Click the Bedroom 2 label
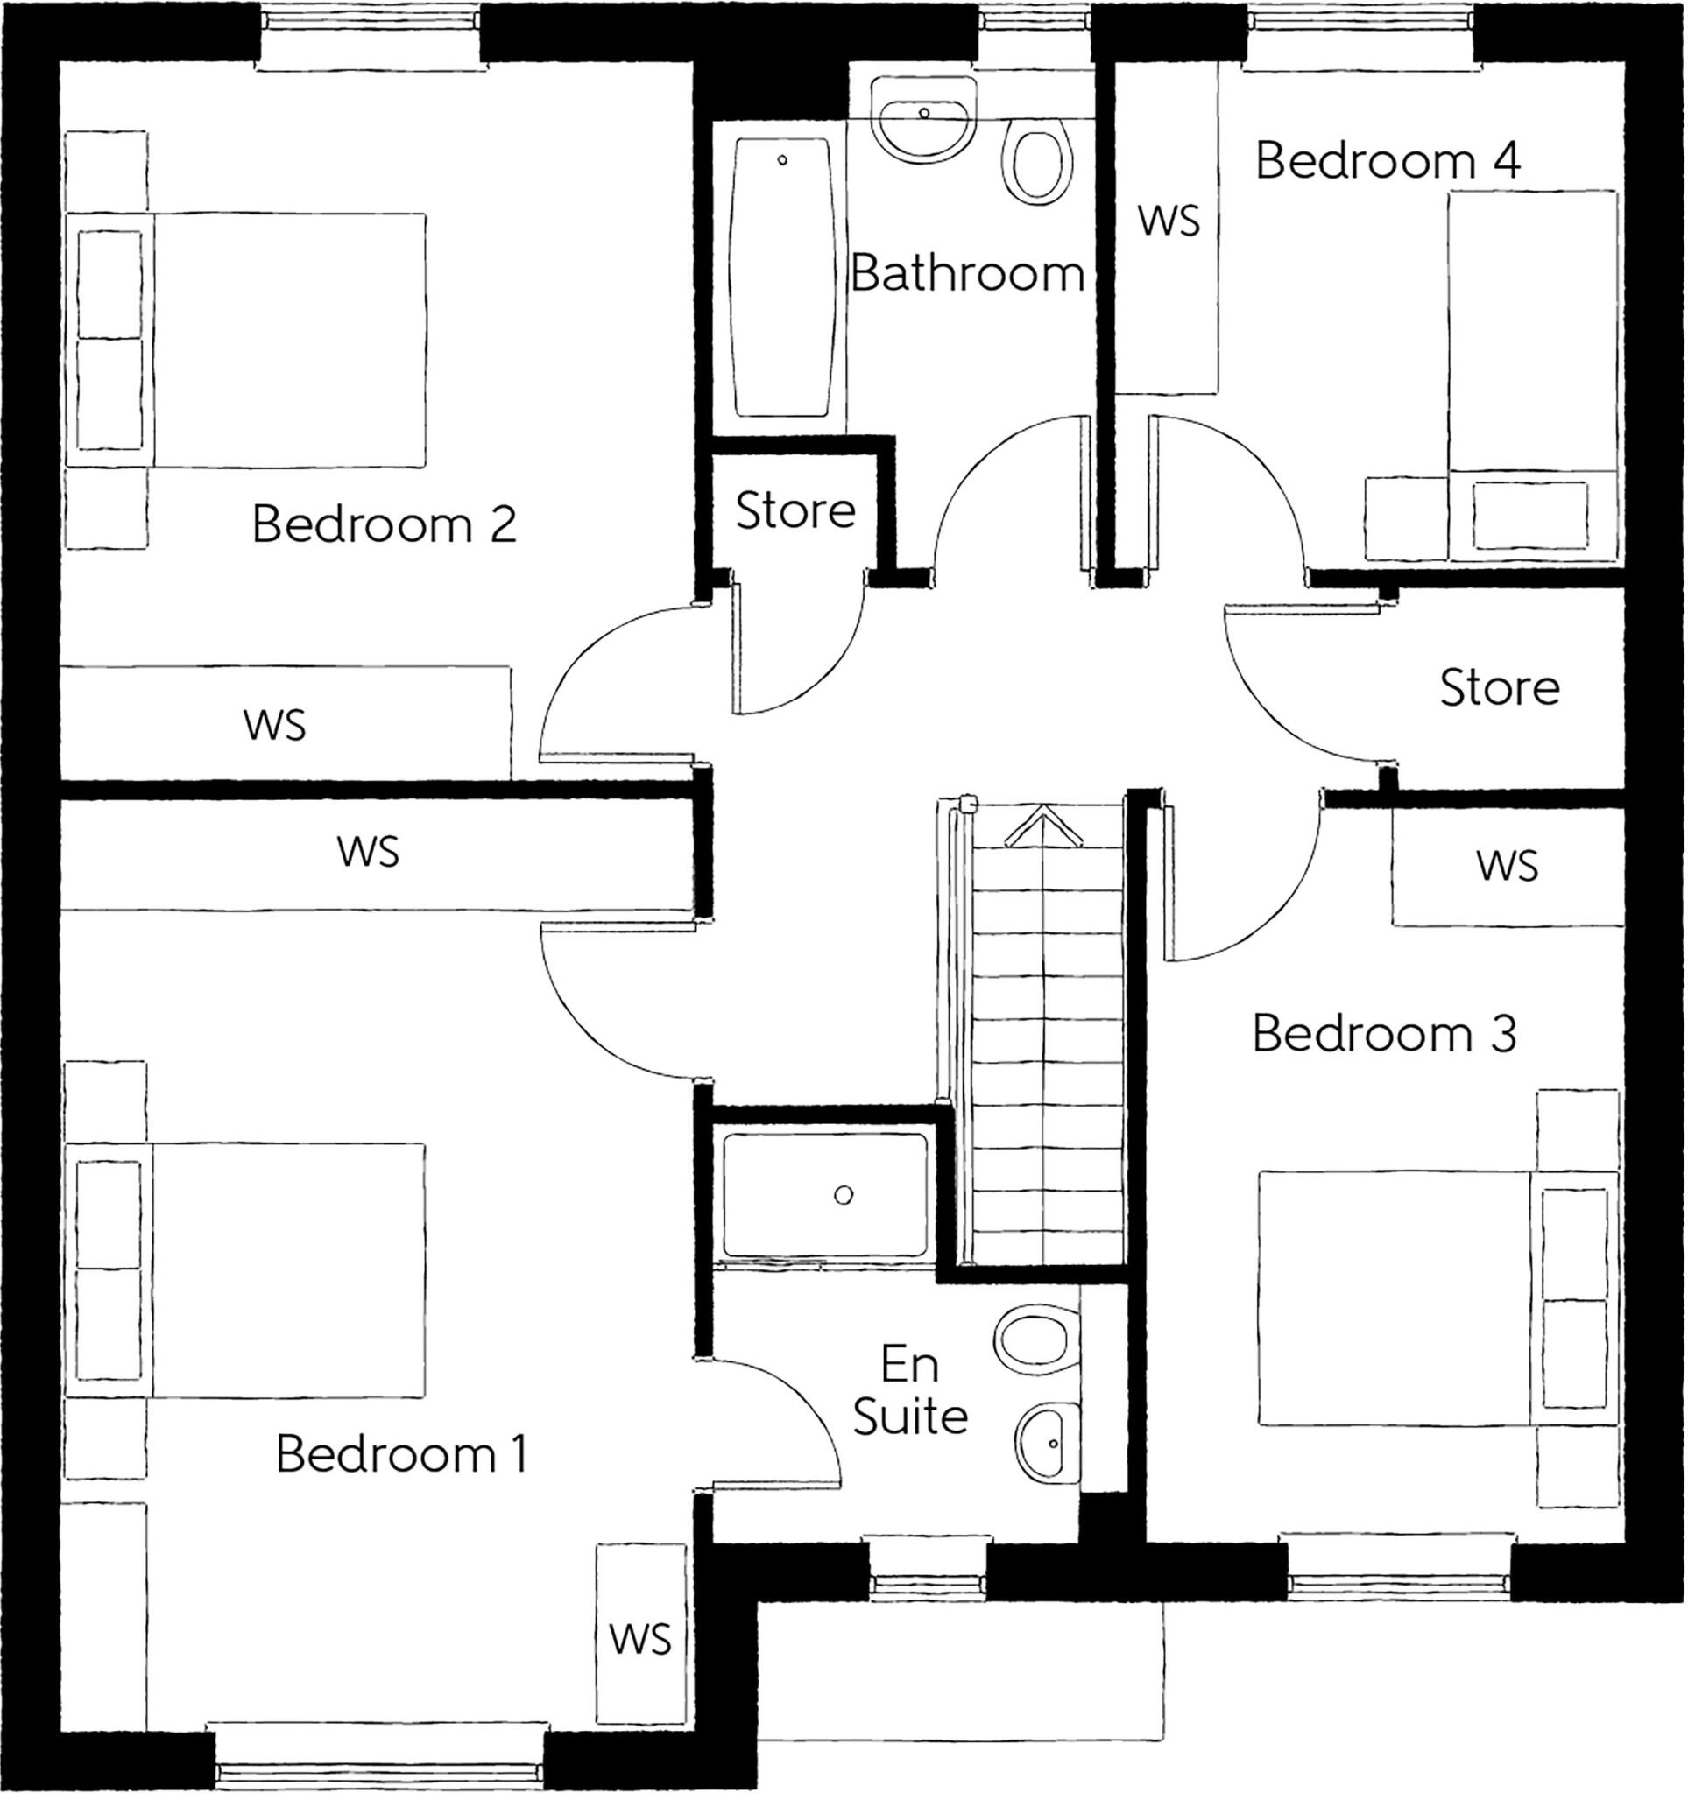384,524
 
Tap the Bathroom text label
966,272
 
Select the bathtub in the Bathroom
781,277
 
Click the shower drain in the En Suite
844,1196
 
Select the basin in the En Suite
1048,1443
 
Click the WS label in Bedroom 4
1169,221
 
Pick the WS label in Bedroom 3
1507,866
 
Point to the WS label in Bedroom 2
274,725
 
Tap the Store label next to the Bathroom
795,511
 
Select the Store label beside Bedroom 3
1499,688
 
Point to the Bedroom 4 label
1387,160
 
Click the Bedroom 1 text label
401,1454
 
